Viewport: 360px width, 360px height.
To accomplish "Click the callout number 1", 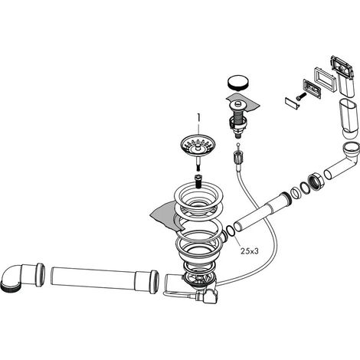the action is tap(198, 117).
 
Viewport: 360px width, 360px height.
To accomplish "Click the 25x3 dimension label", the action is tap(250, 251).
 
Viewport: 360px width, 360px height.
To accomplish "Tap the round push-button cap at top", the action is tap(237, 83).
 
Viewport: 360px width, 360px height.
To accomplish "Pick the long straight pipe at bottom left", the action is tap(105, 280).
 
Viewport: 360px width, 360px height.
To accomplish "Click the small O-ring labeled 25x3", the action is tap(231, 231).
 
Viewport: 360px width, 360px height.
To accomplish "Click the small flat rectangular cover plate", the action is tap(292, 103).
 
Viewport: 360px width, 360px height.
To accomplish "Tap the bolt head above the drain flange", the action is tap(198, 181).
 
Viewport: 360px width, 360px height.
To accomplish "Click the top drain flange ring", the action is tap(198, 198).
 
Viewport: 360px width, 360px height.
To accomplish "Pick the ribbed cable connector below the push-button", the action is tap(237, 156).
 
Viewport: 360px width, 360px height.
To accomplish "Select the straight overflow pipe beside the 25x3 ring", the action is tap(263, 211).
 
